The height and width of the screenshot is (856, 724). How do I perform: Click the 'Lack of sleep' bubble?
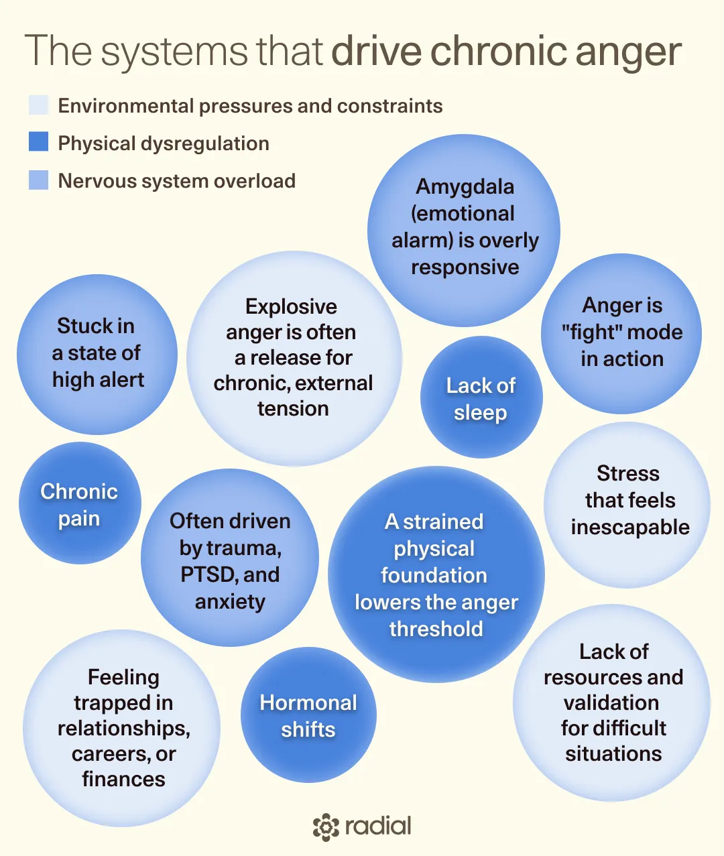click(481, 397)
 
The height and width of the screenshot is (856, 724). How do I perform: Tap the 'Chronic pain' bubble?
click(80, 503)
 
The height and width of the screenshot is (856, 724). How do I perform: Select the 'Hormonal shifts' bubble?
click(308, 715)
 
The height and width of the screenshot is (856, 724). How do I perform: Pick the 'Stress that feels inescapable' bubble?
click(627, 505)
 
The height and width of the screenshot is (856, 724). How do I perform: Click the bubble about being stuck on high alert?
click(97, 355)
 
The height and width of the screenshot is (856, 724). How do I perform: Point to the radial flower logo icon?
click(326, 827)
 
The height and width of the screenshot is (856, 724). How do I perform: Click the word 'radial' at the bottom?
click(378, 826)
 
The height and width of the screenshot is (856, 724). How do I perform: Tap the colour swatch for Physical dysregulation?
click(38, 141)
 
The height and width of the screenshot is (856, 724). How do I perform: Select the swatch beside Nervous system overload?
click(38, 180)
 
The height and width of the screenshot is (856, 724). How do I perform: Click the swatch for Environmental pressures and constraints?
click(38, 105)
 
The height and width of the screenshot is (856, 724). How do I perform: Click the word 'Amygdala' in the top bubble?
click(465, 187)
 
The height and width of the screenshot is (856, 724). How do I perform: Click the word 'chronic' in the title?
click(499, 50)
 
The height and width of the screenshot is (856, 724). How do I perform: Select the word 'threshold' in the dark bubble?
click(436, 629)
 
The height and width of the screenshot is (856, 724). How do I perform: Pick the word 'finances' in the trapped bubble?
click(123, 779)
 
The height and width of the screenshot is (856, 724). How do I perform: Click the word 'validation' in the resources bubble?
click(611, 702)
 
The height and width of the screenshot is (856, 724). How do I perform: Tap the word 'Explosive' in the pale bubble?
click(291, 307)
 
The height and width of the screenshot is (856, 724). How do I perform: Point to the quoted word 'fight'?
click(593, 332)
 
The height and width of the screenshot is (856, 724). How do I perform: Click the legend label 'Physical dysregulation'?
click(164, 143)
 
